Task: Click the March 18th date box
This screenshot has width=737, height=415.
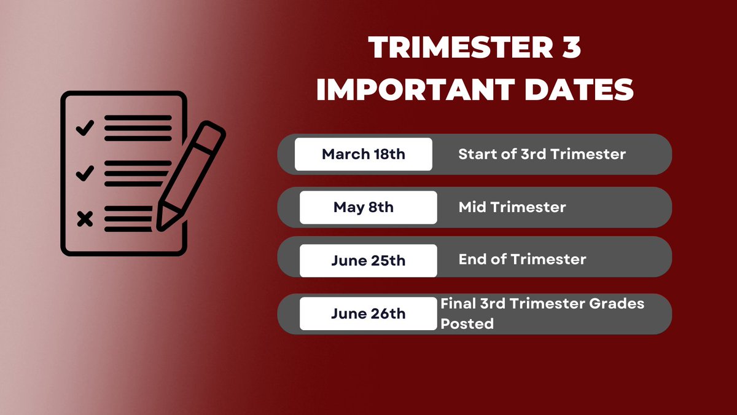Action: coord(363,154)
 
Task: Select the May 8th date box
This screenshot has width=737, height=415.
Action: coord(368,207)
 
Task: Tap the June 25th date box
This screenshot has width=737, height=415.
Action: coord(368,260)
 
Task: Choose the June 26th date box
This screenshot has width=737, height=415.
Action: coord(368,314)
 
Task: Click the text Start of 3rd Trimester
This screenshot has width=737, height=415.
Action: coord(542,154)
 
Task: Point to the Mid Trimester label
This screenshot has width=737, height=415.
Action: coord(512,207)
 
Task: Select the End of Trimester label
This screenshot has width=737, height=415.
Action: coord(522,259)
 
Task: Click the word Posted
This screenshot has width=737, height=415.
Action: coord(467,323)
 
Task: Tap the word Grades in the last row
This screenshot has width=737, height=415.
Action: coord(619,303)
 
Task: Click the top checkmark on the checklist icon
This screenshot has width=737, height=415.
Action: coord(84,128)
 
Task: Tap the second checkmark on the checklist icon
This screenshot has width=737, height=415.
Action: coord(84,174)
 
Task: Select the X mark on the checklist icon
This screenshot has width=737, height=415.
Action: coord(85,219)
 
